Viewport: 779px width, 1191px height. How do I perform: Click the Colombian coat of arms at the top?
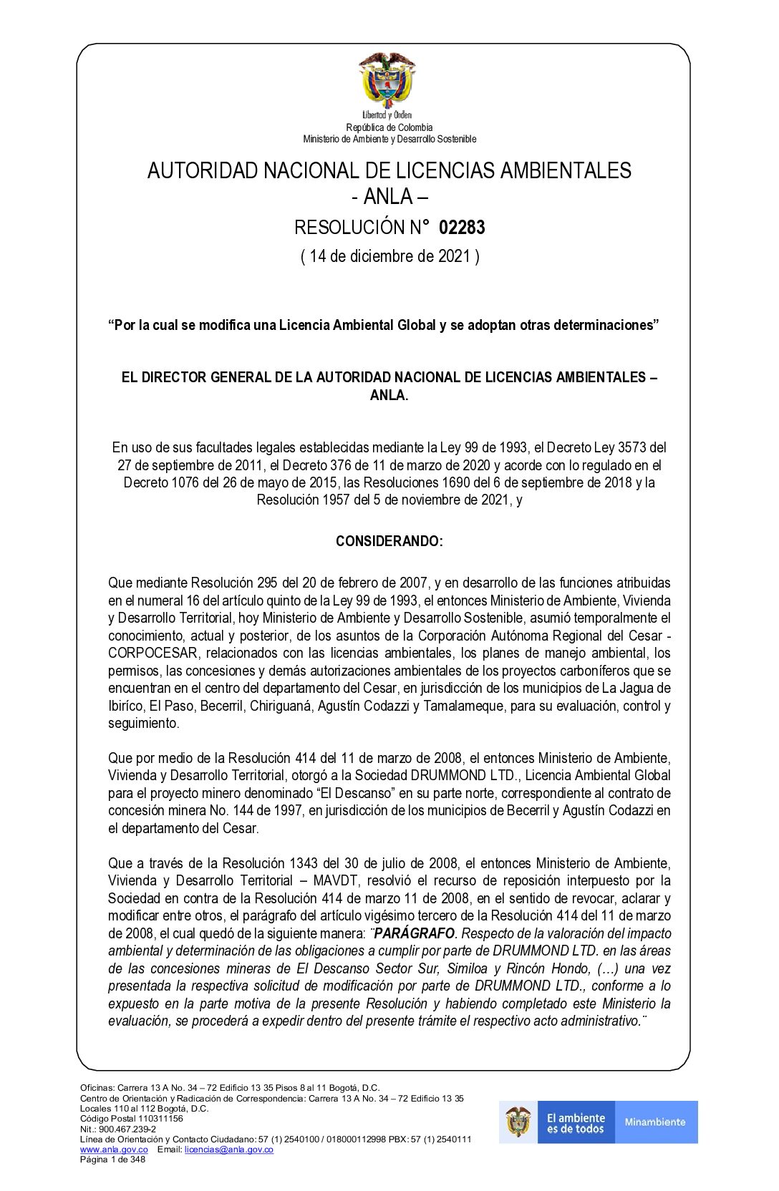click(x=387, y=79)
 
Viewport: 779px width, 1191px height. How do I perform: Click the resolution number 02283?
click(x=462, y=228)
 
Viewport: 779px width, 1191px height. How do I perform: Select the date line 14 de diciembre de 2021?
click(x=389, y=256)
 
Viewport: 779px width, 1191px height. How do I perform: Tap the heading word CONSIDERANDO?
click(x=389, y=541)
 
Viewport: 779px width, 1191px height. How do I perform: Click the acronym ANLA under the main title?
click(x=388, y=196)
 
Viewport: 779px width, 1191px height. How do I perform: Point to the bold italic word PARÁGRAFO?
click(x=415, y=933)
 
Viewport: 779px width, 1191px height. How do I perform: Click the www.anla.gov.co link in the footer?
click(x=114, y=1149)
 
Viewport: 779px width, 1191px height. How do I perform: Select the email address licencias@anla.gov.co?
click(x=228, y=1149)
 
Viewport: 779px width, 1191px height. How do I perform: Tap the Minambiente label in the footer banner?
click(x=655, y=1122)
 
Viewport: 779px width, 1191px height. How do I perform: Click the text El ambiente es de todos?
click(x=576, y=1123)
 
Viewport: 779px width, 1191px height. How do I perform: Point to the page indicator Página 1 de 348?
click(x=112, y=1160)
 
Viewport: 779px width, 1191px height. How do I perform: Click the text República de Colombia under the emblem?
click(x=389, y=127)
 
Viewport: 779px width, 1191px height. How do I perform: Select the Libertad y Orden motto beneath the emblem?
click(x=387, y=115)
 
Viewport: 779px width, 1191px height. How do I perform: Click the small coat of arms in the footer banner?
click(x=518, y=1122)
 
